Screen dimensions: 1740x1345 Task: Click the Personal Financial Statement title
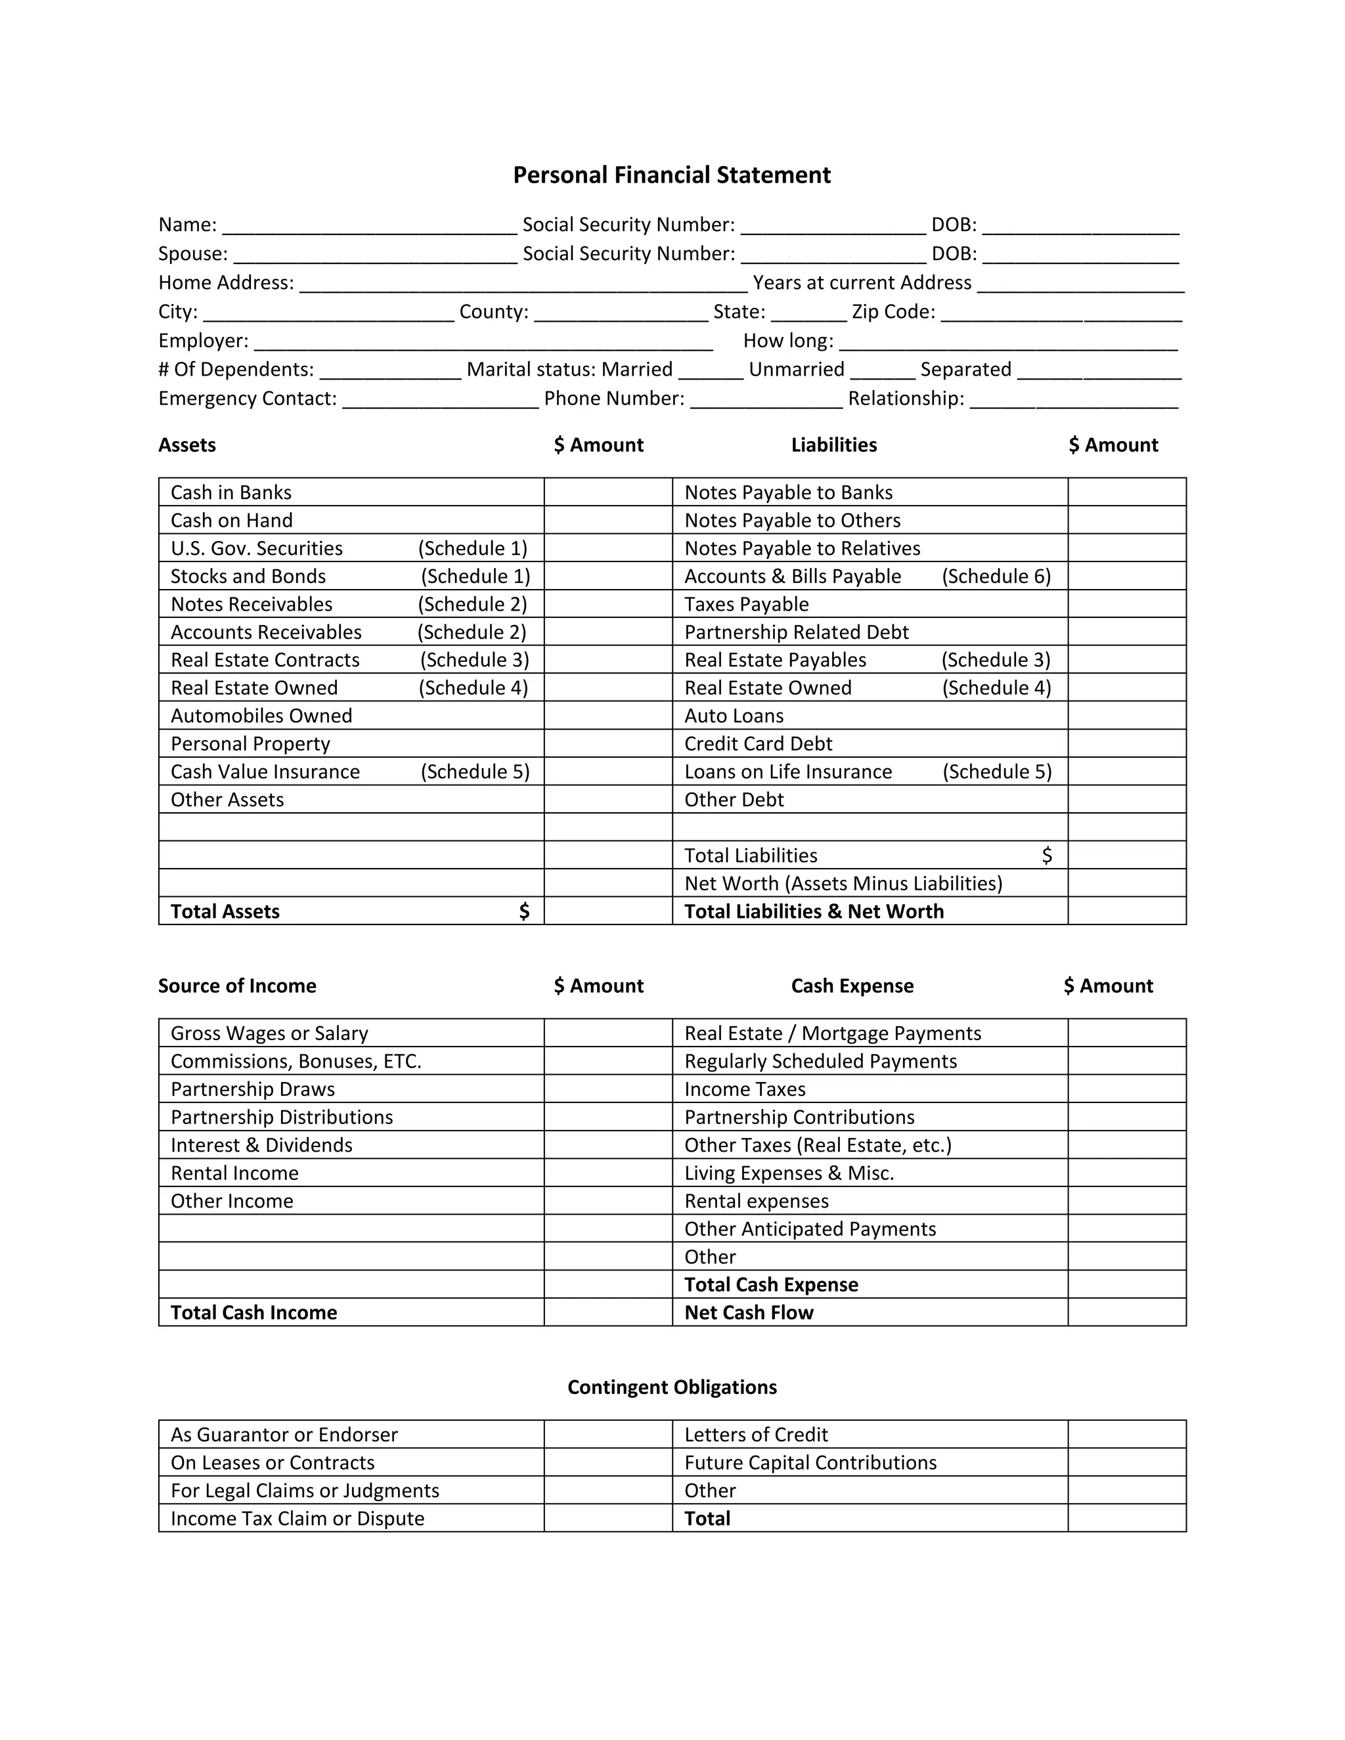click(x=672, y=175)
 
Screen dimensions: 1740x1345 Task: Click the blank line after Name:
click(x=369, y=227)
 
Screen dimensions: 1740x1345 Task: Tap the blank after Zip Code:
click(x=1061, y=314)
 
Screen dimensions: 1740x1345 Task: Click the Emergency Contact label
click(x=247, y=399)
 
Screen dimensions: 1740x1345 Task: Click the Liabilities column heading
click(x=833, y=445)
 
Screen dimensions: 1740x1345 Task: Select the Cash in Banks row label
click(x=231, y=492)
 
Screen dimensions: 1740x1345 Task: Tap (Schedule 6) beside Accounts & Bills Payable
click(x=996, y=576)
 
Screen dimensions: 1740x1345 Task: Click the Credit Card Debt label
click(x=758, y=743)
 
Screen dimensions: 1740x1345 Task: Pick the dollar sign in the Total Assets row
click(x=523, y=911)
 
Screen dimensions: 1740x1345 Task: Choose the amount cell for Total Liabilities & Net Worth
click(x=1127, y=911)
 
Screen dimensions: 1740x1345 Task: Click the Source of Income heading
click(x=236, y=986)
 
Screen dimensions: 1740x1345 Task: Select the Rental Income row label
click(x=234, y=1173)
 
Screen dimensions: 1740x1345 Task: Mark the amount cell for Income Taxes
click(x=1127, y=1089)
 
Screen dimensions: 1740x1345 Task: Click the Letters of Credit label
click(x=756, y=1434)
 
